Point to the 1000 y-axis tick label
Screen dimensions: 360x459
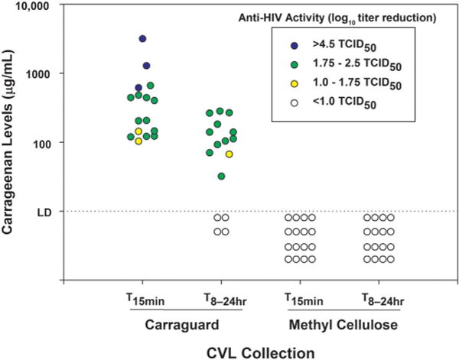[x=35, y=74]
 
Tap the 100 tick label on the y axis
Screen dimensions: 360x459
[x=38, y=143]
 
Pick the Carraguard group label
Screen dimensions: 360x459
[x=181, y=323]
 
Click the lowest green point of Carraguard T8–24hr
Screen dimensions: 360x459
[x=221, y=177]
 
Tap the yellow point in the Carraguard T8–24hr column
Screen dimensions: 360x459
[x=229, y=154]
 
